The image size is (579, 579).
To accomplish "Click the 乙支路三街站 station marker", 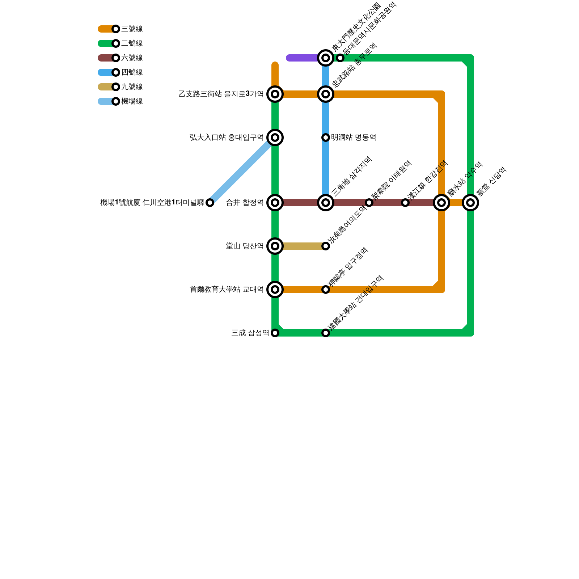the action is (275, 94).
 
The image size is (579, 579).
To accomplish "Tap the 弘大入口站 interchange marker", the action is (275, 138).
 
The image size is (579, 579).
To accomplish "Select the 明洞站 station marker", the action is (326, 138).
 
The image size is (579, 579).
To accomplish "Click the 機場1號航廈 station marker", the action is (210, 203).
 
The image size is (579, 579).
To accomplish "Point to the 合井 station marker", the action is (275, 203).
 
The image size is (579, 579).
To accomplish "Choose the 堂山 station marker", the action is (275, 246).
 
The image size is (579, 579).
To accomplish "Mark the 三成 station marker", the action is (275, 333).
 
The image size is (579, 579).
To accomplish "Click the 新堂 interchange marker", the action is (470, 203).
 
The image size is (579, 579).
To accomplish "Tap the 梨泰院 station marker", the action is (369, 203).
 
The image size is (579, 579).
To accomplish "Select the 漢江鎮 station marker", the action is (405, 203).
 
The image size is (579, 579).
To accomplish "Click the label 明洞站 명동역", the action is (354, 138).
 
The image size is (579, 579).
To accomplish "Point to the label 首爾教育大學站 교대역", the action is (227, 289).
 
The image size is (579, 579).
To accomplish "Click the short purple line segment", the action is (302, 58).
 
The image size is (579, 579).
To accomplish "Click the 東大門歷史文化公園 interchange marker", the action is (326, 58).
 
